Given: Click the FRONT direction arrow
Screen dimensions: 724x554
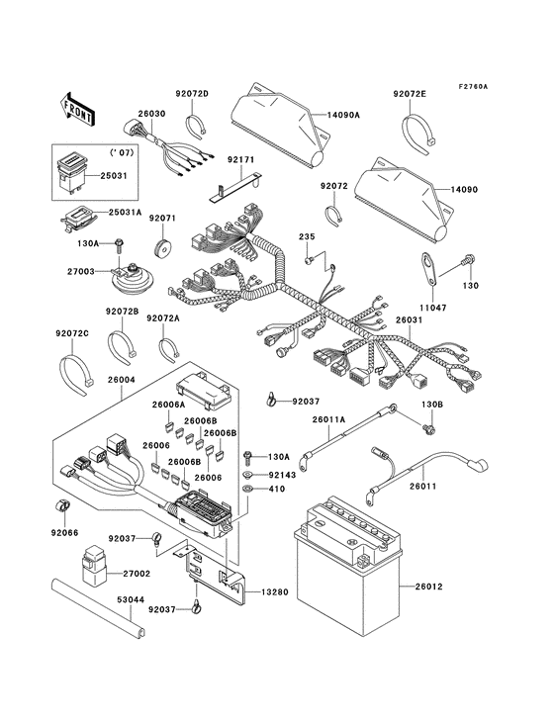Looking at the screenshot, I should [79, 106].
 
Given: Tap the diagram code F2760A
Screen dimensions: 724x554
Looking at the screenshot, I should [501, 86].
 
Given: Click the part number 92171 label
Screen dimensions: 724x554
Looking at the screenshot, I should [240, 159].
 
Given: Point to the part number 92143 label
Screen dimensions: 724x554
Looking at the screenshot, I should [282, 476].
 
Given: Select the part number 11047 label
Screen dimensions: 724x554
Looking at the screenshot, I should [428, 308].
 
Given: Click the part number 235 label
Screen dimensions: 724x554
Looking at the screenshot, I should [307, 237].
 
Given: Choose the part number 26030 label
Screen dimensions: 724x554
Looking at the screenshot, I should [150, 114].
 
